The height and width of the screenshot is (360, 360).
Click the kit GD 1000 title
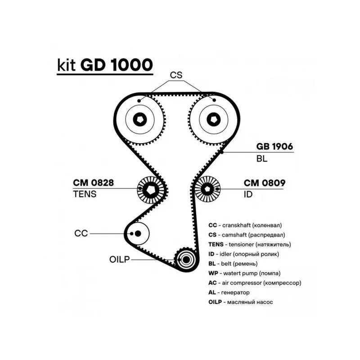pyautogui.click(x=105, y=65)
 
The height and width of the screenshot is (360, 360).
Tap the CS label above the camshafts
pyautogui.click(x=176, y=75)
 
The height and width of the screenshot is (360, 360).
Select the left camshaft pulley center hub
pyautogui.click(x=140, y=119)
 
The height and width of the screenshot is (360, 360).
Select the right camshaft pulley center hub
pyautogui.click(x=214, y=119)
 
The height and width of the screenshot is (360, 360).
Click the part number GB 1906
pyautogui.click(x=274, y=146)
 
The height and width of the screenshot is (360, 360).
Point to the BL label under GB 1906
pyautogui.click(x=262, y=159)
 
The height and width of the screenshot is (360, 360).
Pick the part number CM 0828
pyautogui.click(x=94, y=183)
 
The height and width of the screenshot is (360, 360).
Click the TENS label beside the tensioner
pyautogui.click(x=85, y=194)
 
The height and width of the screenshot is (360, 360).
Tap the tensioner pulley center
pyautogui.click(x=150, y=189)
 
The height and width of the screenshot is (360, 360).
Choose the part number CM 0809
pyautogui.click(x=265, y=183)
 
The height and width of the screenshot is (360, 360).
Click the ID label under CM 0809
pyautogui.click(x=248, y=194)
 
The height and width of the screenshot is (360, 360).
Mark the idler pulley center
pyautogui.click(x=207, y=189)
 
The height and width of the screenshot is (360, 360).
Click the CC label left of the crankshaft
pyautogui.click(x=81, y=233)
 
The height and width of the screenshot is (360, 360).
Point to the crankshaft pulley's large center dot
pyautogui.click(x=138, y=234)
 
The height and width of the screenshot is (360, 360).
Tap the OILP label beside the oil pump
pyautogui.click(x=120, y=260)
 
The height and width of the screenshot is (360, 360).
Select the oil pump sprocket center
pyautogui.click(x=186, y=260)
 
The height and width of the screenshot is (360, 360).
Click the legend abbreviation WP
pyautogui.click(x=212, y=273)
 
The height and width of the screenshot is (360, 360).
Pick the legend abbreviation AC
pyautogui.click(x=212, y=283)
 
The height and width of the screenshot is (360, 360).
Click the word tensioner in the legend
pyautogui.click(x=241, y=244)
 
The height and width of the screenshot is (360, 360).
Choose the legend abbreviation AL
pyautogui.click(x=212, y=292)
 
